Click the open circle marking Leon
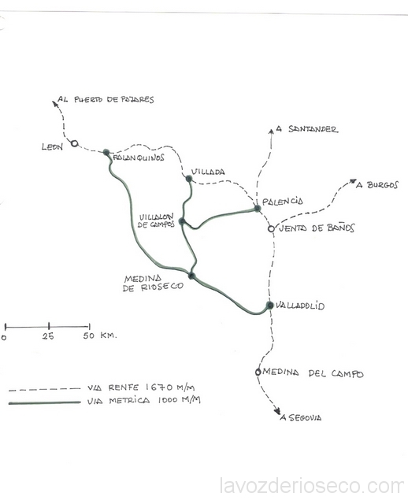[x=74, y=143]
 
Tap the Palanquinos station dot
[x=106, y=152]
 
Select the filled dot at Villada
[x=189, y=179]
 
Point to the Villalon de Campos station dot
[x=182, y=221]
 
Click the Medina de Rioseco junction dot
[x=191, y=276]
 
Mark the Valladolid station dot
[x=270, y=305]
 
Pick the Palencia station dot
[x=258, y=208]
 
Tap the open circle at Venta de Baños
[x=272, y=229]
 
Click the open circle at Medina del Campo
[x=258, y=372]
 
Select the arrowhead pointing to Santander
[x=271, y=131]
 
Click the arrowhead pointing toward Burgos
[x=353, y=181]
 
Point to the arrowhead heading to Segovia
[x=277, y=412]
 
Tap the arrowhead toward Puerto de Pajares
[x=54, y=103]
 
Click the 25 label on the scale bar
[x=48, y=336]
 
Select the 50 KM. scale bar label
[x=100, y=335]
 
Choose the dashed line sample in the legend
[x=44, y=389]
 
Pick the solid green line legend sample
[x=44, y=402]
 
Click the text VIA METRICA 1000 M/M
[x=143, y=401]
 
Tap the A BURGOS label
[x=377, y=185]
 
